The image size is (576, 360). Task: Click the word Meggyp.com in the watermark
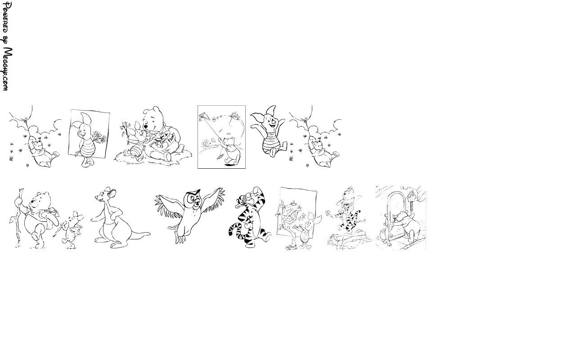click(8, 69)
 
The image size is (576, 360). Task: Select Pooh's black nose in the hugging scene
click(146, 126)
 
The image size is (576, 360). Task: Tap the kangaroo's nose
click(96, 198)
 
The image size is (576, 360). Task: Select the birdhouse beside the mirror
click(411, 196)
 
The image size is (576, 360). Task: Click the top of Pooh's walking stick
click(21, 189)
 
